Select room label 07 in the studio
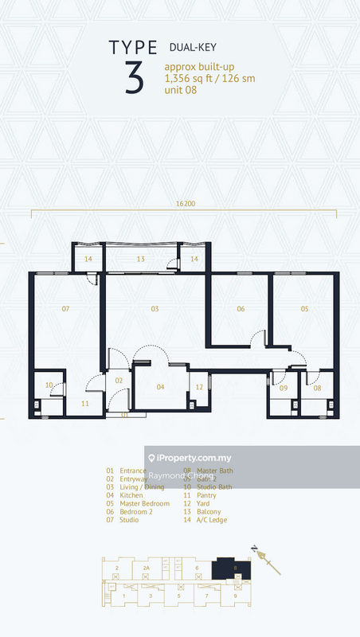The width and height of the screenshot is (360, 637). (x=65, y=308)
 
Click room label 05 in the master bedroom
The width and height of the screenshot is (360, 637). (x=304, y=308)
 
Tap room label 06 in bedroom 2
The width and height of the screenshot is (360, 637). (x=240, y=308)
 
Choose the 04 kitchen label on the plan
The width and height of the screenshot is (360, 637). (x=160, y=387)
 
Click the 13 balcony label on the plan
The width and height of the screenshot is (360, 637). (x=139, y=260)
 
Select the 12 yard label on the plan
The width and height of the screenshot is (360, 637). (x=199, y=387)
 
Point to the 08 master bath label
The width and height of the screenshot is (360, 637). (x=317, y=388)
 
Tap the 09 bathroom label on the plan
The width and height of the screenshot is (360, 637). (x=283, y=388)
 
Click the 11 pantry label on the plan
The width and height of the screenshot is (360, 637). (x=84, y=404)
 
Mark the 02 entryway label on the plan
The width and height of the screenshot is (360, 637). (x=119, y=381)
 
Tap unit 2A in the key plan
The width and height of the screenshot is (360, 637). (x=145, y=568)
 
